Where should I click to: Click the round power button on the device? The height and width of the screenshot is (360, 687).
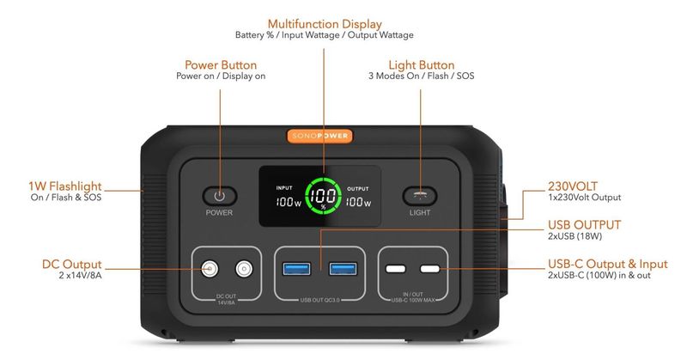click(219, 195)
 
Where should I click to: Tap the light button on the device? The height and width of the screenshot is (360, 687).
click(420, 195)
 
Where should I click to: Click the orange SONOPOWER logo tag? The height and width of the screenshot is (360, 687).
click(319, 135)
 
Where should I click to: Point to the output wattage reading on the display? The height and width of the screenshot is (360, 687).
click(358, 204)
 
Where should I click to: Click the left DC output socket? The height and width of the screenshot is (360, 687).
click(210, 269)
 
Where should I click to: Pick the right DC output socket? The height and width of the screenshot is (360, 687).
click(245, 269)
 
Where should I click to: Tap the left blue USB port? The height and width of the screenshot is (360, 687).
click(297, 269)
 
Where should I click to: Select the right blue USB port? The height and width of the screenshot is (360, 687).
click(343, 269)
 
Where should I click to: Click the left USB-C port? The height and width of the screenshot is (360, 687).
click(396, 270)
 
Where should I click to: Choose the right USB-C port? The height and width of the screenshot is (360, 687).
click(431, 270)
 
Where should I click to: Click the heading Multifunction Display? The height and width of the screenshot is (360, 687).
click(325, 24)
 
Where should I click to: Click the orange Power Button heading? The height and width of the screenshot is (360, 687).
click(221, 64)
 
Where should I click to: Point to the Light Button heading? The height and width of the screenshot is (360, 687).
click(421, 64)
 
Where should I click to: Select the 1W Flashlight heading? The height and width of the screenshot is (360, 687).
click(65, 186)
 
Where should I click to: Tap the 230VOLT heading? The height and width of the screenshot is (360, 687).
click(573, 186)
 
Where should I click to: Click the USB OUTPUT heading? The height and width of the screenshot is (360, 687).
click(585, 225)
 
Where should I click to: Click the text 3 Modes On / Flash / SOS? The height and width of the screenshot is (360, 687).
click(421, 76)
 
